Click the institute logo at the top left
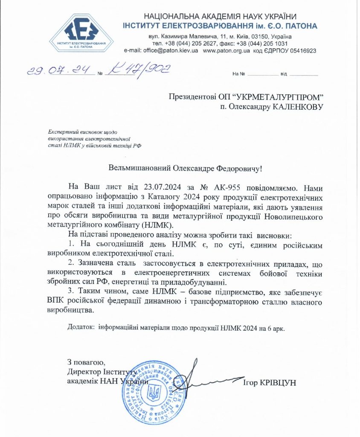[x=81, y=33]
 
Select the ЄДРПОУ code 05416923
[x=301, y=50]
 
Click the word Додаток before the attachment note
[x=81, y=327]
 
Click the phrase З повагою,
[x=86, y=363]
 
